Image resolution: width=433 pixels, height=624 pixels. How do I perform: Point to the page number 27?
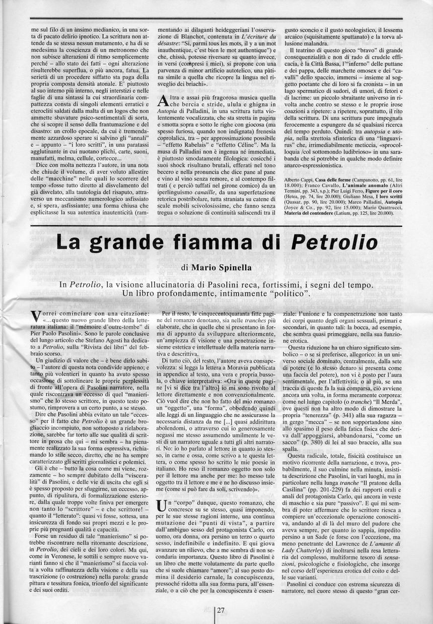pos(221,610)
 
